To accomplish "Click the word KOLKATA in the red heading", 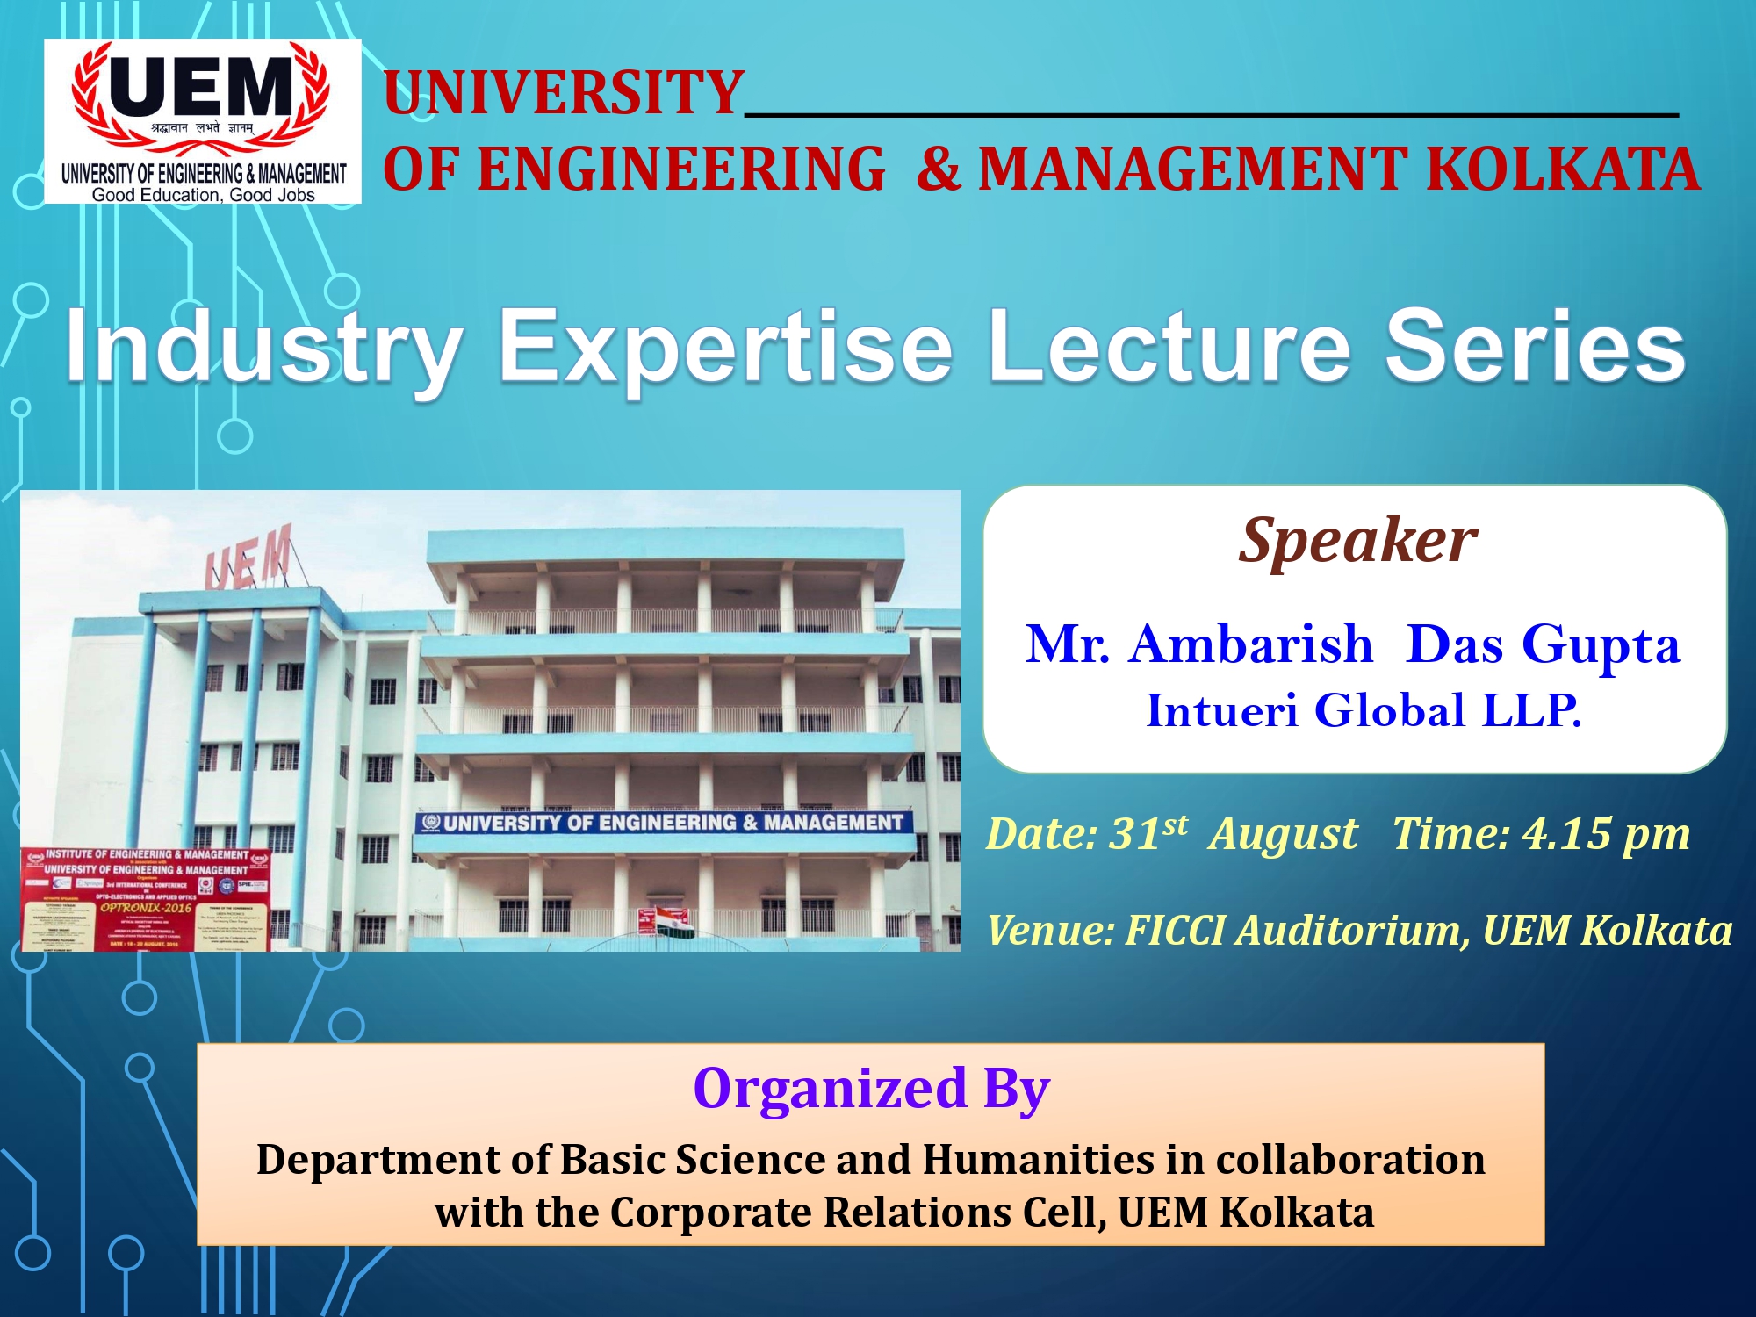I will (1563, 169).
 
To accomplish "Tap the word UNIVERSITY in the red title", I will (564, 92).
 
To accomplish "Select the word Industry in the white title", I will (263, 347).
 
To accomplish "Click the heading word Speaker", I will (1357, 540).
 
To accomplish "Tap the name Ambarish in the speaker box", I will (1251, 644).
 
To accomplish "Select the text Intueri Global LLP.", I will (1364, 710).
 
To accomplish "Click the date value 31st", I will (1148, 833).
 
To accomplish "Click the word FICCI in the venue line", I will (1176, 931).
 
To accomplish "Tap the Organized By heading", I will (871, 1089).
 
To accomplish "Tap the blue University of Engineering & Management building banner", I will (664, 823).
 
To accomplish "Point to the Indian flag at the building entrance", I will (672, 922).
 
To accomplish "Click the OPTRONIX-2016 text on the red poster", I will (145, 908).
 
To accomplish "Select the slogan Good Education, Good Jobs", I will (203, 195).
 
